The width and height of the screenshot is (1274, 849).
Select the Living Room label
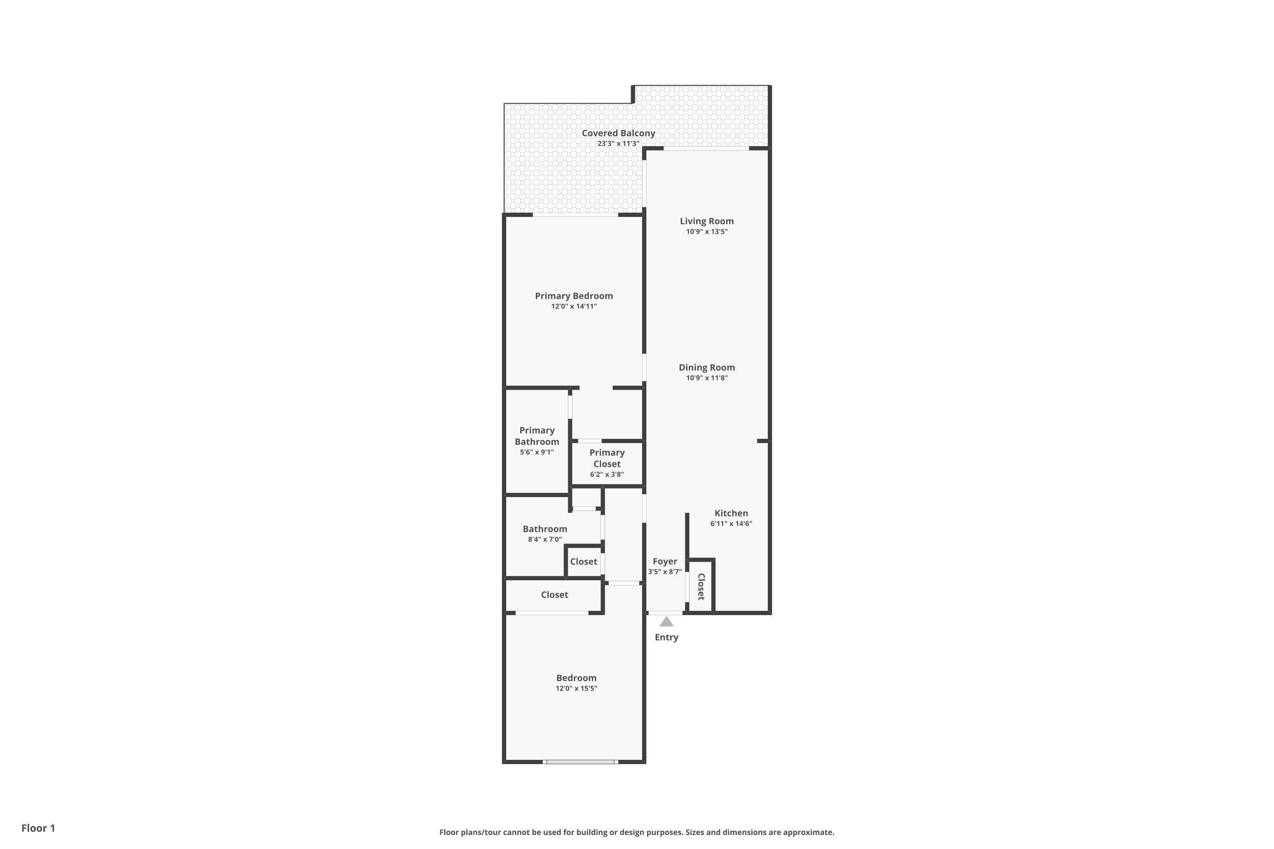tap(707, 221)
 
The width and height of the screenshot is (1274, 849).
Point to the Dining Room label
tap(707, 367)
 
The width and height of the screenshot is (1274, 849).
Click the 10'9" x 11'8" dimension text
tap(707, 378)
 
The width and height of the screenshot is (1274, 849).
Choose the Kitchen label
tap(731, 513)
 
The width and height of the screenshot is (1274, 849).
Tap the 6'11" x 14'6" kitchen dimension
tap(731, 523)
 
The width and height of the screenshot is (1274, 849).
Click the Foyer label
tap(665, 562)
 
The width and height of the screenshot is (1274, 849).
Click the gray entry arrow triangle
tap(666, 621)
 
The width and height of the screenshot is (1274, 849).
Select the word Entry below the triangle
tap(666, 637)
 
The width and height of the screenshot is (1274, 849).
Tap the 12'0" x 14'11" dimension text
tap(574, 306)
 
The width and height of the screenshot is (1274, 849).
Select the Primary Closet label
tap(607, 458)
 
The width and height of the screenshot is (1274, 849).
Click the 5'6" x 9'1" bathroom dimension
tap(537, 452)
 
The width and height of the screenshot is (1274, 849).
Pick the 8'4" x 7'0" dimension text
tap(545, 539)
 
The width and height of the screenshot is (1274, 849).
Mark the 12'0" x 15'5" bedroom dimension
tap(576, 688)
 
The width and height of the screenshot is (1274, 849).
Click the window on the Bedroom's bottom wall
tap(580, 762)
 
